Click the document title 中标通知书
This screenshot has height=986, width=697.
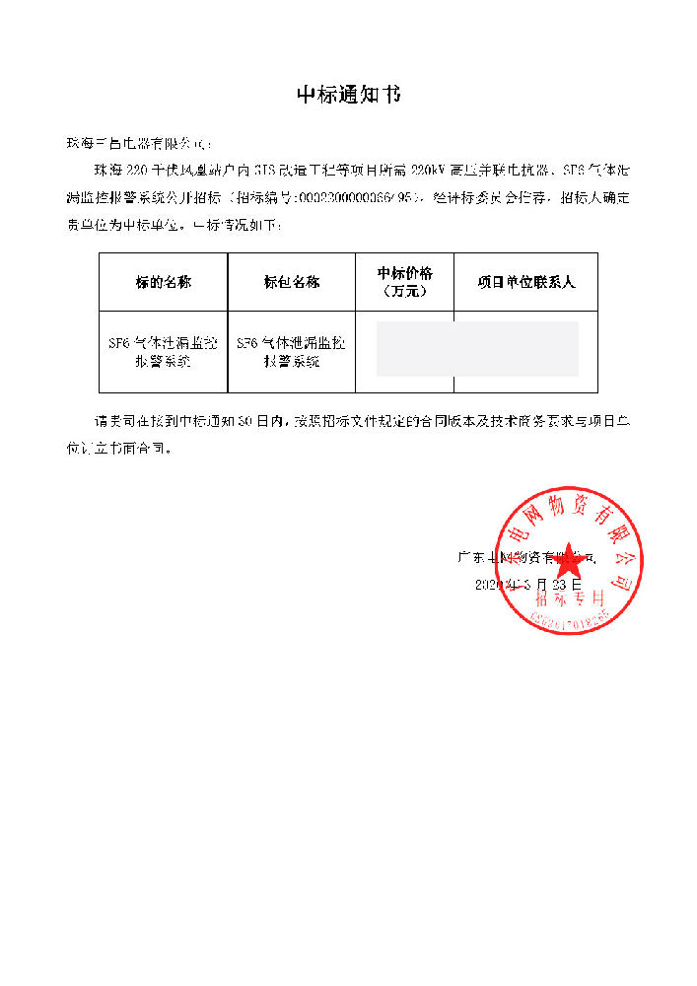349,96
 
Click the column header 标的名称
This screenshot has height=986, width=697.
164,282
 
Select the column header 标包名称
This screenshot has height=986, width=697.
292,282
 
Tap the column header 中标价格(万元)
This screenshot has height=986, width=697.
404,282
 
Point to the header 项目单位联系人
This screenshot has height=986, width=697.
525,282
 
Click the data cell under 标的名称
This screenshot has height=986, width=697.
164,352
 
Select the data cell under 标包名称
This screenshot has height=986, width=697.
292,352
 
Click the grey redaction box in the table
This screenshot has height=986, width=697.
477,349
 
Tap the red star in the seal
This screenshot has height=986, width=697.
569,568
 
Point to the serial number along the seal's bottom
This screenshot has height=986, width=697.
570,619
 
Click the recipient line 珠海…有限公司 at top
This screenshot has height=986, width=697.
138,144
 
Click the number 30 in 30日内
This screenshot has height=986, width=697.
250,421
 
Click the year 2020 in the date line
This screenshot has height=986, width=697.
489,585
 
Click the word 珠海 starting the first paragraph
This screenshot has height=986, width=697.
105,170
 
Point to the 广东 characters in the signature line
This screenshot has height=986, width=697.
470,557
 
